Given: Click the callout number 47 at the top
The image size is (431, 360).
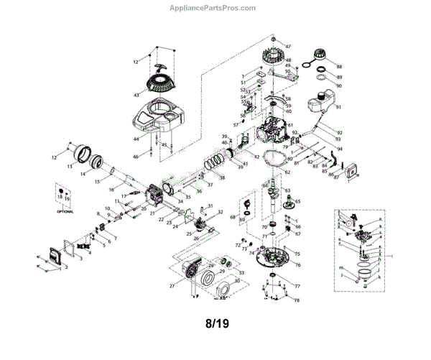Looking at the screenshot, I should pos(289,47).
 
